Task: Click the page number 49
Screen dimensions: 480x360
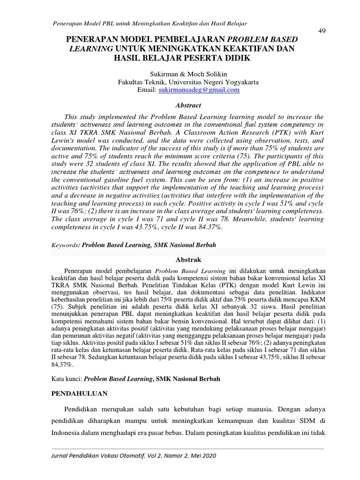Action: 322,31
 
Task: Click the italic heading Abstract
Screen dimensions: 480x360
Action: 188,105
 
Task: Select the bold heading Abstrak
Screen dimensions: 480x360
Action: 188,259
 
